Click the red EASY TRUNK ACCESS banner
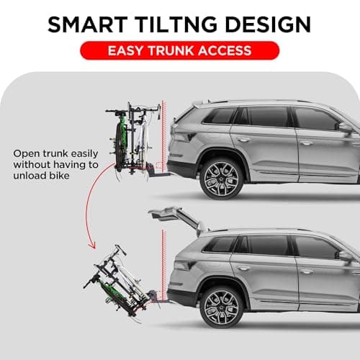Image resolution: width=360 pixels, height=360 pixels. point(179,50)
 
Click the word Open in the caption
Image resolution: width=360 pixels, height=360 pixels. point(26,152)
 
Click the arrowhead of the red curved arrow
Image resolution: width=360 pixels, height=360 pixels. point(94,246)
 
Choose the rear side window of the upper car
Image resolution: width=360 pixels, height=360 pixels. point(217,116)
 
